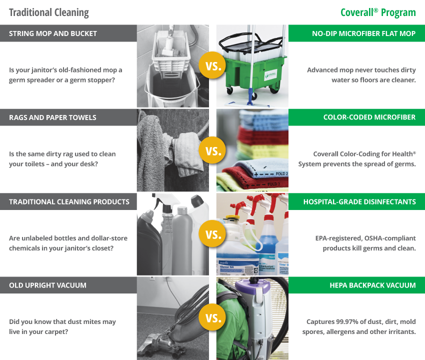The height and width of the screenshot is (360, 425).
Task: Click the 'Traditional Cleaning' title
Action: point(49,12)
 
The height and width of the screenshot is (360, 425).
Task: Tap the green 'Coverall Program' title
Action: point(378,12)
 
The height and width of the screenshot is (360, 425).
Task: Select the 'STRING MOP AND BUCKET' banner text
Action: point(53,33)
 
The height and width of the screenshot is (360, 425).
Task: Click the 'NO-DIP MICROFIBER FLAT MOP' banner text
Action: point(363,33)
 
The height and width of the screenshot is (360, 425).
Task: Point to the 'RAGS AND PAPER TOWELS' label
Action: point(52,117)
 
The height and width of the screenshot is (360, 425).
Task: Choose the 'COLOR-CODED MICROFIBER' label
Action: point(369,117)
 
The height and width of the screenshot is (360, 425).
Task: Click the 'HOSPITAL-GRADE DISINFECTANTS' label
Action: point(359,202)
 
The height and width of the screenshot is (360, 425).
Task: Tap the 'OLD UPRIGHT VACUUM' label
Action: point(47,285)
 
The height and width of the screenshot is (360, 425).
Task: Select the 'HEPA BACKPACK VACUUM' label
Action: point(372,285)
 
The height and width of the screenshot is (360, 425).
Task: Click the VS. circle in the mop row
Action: point(213,65)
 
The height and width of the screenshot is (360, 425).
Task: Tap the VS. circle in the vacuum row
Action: point(213,317)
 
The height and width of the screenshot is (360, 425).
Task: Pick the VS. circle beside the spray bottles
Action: point(213,233)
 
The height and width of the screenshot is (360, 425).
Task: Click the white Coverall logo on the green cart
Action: point(271,74)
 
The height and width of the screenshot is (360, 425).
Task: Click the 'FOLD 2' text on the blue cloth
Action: point(281,174)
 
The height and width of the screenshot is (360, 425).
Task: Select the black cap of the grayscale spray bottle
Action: point(166,208)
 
